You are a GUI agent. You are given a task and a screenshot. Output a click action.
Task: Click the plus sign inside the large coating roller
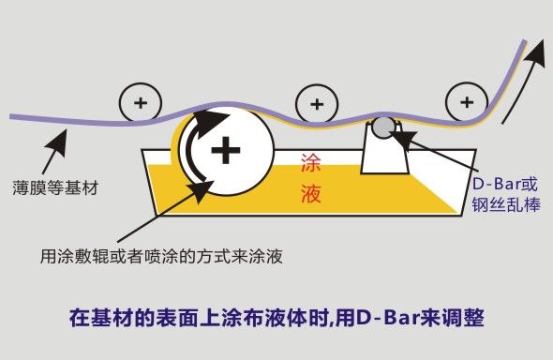[226, 150]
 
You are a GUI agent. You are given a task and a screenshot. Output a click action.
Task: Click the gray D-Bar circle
[383, 127]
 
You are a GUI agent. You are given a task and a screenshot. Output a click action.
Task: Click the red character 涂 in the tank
[310, 163]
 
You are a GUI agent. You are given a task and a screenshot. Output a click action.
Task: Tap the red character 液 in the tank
[310, 193]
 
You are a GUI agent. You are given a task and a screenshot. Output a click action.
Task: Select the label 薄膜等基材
[55, 187]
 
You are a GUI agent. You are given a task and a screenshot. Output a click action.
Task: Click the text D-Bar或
[505, 184]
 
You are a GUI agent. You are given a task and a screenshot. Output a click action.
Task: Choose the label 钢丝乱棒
[506, 204]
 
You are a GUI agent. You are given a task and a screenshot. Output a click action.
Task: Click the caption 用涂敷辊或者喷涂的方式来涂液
[161, 256]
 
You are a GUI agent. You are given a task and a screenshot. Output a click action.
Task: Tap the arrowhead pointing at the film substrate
[59, 141]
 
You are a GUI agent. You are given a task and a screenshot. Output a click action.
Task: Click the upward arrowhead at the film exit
[535, 52]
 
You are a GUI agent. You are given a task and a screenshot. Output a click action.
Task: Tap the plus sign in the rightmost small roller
[467, 102]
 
